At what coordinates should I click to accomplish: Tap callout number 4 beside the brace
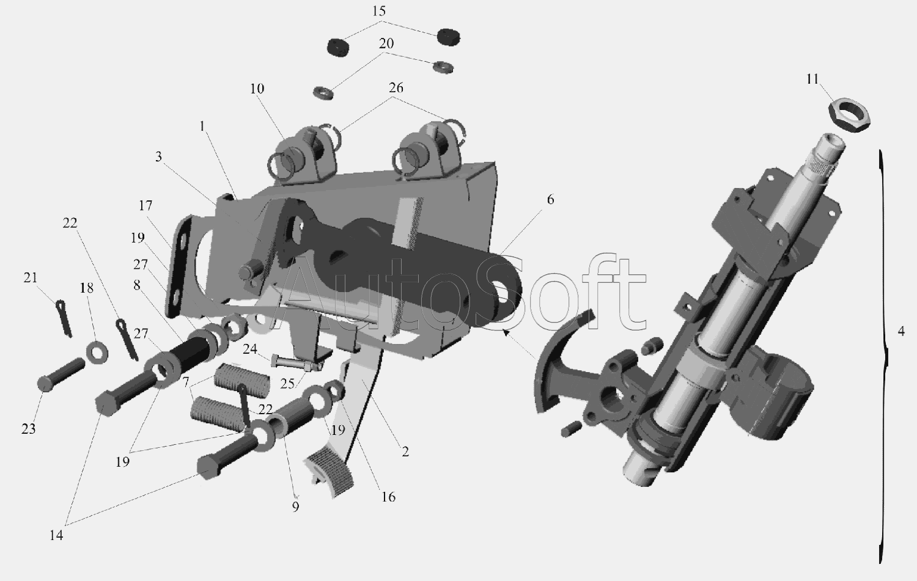(901, 331)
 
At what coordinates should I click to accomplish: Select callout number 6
(550, 199)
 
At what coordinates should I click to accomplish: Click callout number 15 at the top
(379, 11)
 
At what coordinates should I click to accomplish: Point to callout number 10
(257, 89)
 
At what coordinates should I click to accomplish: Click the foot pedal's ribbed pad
(329, 475)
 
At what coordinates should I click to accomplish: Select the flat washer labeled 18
(97, 352)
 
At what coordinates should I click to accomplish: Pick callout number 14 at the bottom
(56, 535)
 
